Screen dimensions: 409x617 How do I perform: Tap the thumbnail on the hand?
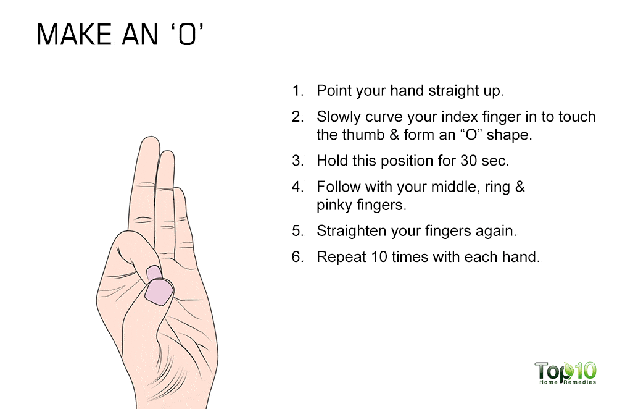[159, 291]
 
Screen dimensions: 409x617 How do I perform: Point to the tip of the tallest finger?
[149, 141]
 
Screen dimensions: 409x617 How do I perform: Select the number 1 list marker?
[298, 91]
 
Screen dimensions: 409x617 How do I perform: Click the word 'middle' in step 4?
[442, 187]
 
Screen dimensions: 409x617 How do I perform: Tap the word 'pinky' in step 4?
[334, 204]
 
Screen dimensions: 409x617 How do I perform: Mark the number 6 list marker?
[298, 257]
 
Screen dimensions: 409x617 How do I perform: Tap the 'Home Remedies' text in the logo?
[566, 382]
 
